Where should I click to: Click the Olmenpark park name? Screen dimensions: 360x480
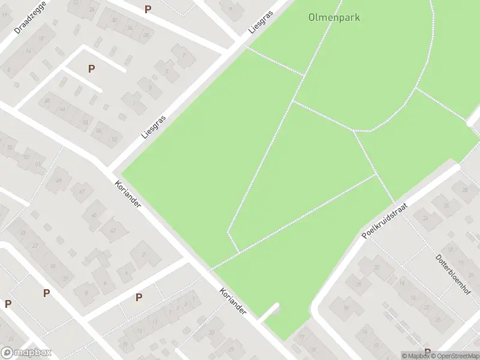coord(334,17)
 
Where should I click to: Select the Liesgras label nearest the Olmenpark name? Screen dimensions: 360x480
coord(260,22)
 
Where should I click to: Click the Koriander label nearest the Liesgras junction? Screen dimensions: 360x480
coord(128,194)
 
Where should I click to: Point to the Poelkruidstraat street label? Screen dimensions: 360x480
coord(385,220)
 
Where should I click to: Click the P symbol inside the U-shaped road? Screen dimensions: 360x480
coord(91,69)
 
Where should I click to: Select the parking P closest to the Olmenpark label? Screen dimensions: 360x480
coord(148,10)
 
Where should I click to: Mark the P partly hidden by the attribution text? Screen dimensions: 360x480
coord(427,352)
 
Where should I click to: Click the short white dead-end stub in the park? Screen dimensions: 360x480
coord(272,310)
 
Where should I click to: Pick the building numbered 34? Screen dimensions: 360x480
coord(129,28)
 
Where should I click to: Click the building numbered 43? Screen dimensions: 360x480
coord(111,230)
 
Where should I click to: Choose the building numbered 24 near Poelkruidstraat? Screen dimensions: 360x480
coord(426,218)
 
